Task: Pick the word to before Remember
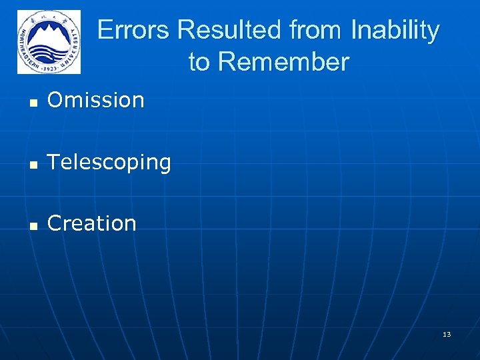point(199,62)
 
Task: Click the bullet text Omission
point(96,100)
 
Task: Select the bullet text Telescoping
point(109,162)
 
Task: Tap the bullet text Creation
point(92,223)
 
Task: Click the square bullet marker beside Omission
point(32,102)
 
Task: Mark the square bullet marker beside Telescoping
point(32,163)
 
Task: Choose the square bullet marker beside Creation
point(32,225)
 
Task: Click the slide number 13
point(447,334)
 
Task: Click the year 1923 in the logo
point(49,68)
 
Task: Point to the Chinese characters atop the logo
point(49,16)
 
